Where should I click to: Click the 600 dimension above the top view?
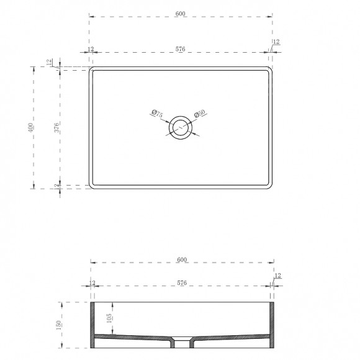[180, 14]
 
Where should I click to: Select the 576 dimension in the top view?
[180, 49]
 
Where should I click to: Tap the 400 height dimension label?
[30, 127]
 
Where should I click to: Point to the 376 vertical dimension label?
[56, 128]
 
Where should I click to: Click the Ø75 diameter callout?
[157, 114]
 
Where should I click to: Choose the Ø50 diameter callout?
[199, 114]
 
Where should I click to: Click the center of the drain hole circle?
[181, 128]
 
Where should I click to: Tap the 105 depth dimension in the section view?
[109, 318]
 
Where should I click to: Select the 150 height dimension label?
[58, 325]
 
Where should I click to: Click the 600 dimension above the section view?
[182, 259]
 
